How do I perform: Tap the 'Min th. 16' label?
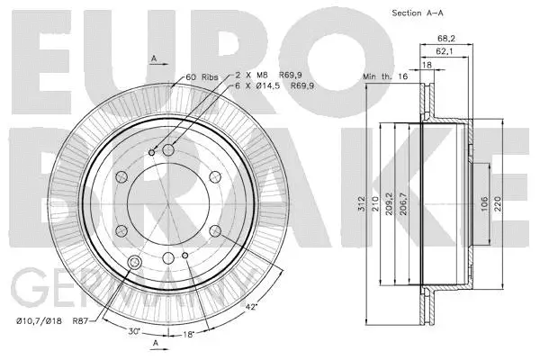pos(384,79)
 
